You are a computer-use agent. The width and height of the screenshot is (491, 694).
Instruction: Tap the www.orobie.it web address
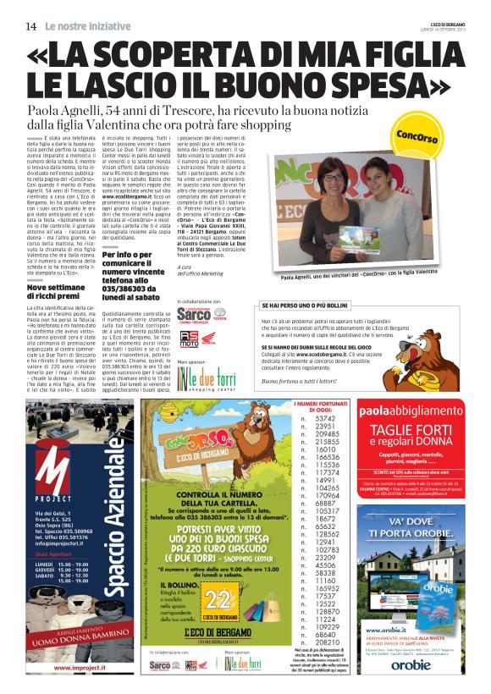(x=383, y=653)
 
